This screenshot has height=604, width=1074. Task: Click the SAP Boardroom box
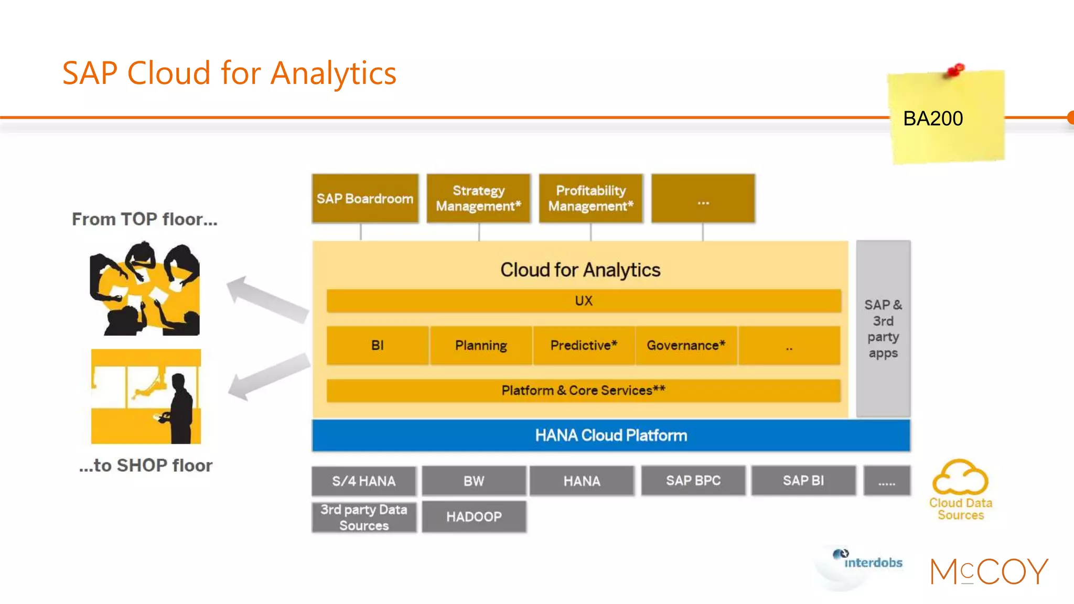[365, 199]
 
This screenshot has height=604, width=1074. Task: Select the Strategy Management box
[478, 199]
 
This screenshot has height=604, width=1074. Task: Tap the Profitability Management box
[590, 199]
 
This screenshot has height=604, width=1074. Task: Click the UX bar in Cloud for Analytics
[583, 301]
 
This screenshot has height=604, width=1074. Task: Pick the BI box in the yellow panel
[377, 346]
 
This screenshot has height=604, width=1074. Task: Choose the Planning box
[481, 346]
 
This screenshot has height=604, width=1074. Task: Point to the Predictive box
[584, 346]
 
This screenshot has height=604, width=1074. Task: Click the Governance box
[686, 346]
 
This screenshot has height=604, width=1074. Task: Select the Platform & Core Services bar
[583, 391]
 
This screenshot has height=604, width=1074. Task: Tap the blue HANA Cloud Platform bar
[611, 435]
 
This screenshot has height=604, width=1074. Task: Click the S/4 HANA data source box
[364, 481]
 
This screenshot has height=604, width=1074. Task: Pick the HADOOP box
[474, 517]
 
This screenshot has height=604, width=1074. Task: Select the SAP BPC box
[693, 481]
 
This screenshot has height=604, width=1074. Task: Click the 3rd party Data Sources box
[364, 517]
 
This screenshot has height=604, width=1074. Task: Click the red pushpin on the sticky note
[956, 70]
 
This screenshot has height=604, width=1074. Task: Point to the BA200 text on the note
[933, 118]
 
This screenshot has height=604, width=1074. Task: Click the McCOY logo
[989, 571]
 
